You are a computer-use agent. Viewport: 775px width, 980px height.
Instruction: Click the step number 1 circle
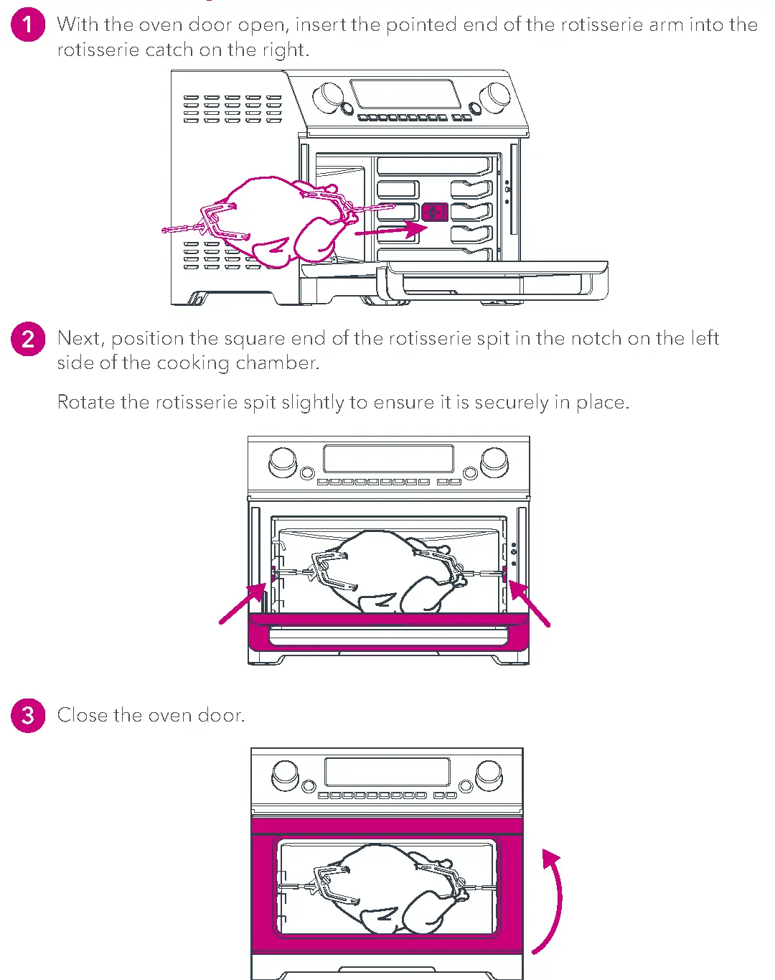click(28, 25)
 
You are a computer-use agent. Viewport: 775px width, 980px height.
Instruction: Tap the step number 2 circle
click(28, 339)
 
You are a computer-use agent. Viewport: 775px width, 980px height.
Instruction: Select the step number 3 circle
click(28, 715)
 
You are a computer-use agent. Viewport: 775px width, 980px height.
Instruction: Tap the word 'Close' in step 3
click(83, 715)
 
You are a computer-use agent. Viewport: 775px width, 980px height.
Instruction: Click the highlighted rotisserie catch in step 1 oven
click(435, 213)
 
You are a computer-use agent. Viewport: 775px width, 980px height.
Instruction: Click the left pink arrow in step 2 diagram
click(243, 604)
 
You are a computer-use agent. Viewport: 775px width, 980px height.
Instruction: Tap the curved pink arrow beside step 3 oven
click(551, 901)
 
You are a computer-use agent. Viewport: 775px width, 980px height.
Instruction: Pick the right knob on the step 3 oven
click(489, 773)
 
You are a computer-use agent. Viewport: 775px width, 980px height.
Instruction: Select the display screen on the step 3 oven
click(387, 773)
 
